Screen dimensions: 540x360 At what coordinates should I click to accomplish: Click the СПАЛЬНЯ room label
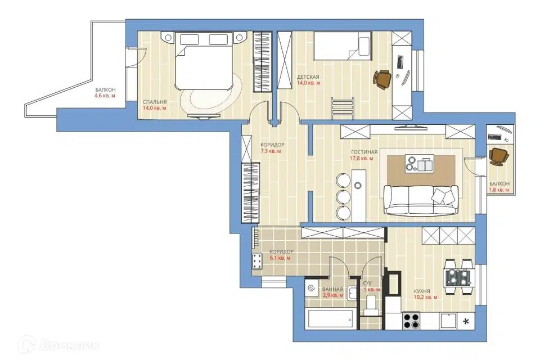(x=155, y=102)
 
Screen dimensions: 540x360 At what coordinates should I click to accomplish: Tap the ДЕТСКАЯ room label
(x=308, y=77)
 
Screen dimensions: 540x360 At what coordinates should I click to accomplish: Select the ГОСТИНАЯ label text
(x=364, y=152)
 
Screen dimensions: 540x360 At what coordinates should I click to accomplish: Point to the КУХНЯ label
(x=422, y=291)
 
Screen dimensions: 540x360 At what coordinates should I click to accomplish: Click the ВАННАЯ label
(x=332, y=289)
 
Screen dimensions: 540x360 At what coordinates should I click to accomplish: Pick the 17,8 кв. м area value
(x=362, y=159)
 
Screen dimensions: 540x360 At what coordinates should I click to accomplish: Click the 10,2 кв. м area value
(x=426, y=298)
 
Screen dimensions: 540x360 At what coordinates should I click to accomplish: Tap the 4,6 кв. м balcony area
(x=105, y=96)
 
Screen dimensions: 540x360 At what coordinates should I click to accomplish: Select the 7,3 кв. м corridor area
(x=271, y=151)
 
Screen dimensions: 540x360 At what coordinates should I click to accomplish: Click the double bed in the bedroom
(x=203, y=61)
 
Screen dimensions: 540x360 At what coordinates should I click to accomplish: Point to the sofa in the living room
(x=421, y=200)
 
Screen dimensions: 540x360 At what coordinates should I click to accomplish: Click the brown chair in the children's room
(x=382, y=79)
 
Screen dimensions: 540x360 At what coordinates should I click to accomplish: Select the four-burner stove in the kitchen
(x=411, y=321)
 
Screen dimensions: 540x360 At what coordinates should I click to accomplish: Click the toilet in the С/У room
(x=372, y=305)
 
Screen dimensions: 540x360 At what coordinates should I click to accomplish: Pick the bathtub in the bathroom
(x=331, y=319)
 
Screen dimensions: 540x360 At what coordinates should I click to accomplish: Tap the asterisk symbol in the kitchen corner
(x=466, y=322)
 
